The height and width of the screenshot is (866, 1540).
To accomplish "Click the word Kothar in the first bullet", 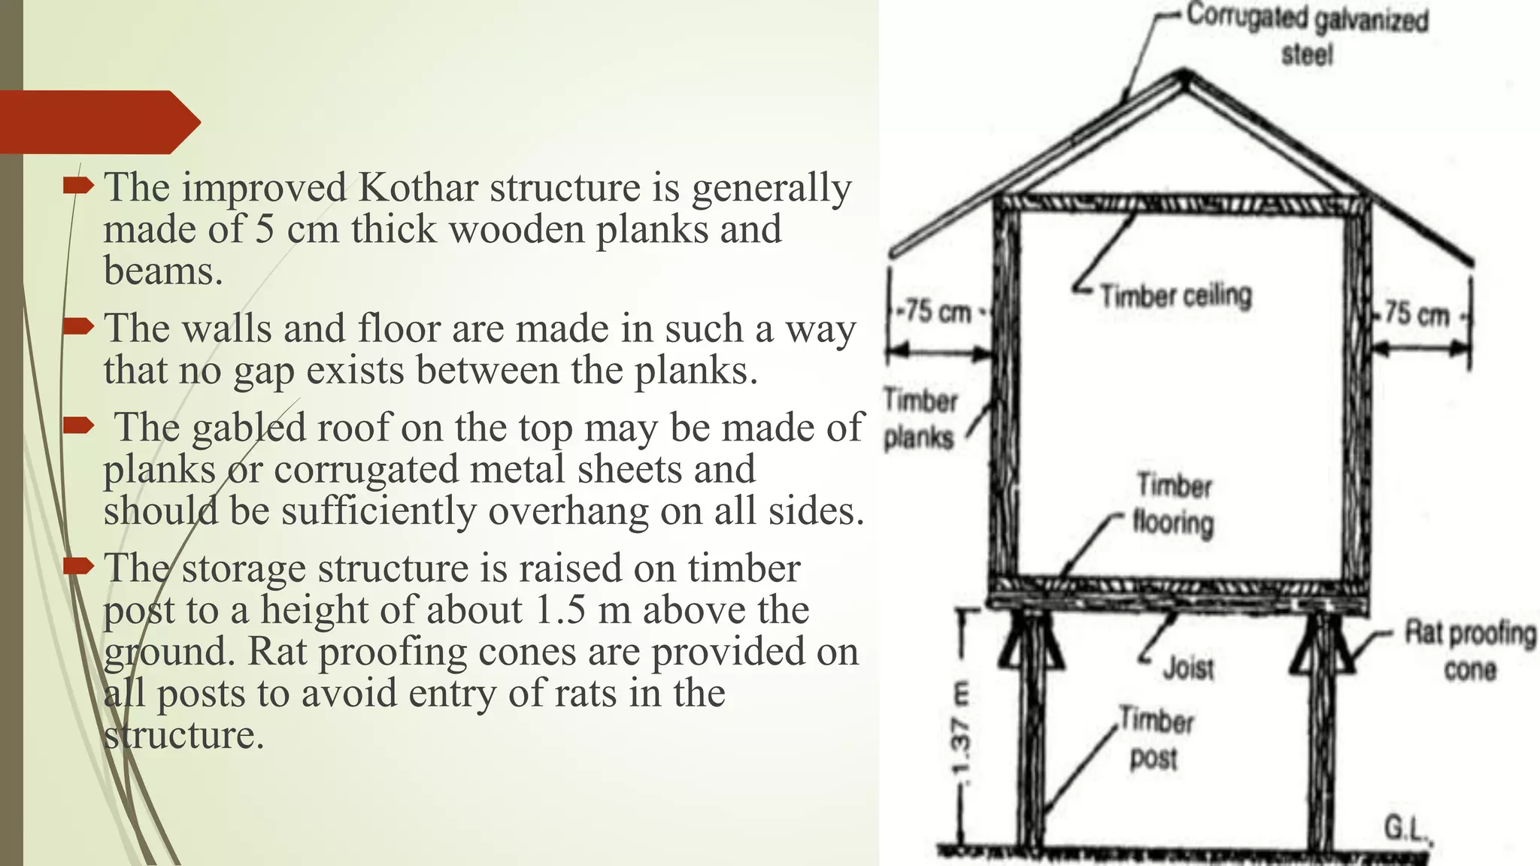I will click(x=417, y=188).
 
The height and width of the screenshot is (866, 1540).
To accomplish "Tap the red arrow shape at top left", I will click(x=98, y=122).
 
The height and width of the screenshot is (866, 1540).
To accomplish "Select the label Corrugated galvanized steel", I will click(x=1307, y=35).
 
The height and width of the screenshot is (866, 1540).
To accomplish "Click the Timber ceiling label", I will click(x=1175, y=295).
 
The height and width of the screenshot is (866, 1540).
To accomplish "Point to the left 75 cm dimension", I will click(x=937, y=311).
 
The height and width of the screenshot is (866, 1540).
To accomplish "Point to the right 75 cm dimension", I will click(x=1417, y=313).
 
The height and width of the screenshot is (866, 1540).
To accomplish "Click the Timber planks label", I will click(x=920, y=418).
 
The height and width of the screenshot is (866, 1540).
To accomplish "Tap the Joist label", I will click(x=1188, y=668).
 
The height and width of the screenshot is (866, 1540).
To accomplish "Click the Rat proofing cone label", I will click(x=1470, y=650).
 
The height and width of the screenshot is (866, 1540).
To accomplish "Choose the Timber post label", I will click(x=1156, y=738).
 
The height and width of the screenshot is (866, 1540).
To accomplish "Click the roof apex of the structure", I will click(x=1184, y=75).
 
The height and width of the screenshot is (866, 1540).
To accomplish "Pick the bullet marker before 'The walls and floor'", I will click(x=77, y=326).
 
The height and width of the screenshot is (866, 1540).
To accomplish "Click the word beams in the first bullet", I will click(x=162, y=271).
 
